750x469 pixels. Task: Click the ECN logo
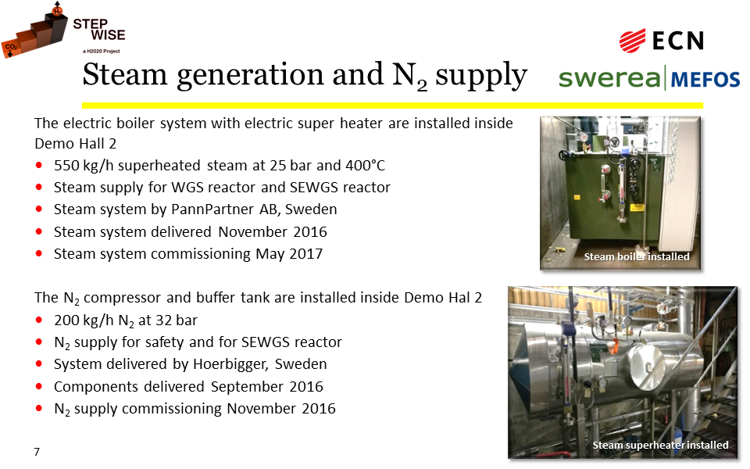tap(662, 40)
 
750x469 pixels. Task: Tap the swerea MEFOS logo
tap(649, 79)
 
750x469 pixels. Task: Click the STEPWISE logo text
tap(99, 30)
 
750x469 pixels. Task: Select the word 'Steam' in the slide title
tap(125, 75)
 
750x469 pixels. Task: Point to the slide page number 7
tap(37, 452)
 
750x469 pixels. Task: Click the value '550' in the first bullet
tap(66, 166)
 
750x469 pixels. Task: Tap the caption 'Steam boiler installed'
tap(637, 257)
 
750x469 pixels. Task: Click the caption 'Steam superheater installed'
tap(661, 446)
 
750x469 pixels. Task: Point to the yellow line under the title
tap(392, 106)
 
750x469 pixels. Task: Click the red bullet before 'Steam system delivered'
tap(39, 231)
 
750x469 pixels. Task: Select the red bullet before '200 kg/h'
tap(39, 320)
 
